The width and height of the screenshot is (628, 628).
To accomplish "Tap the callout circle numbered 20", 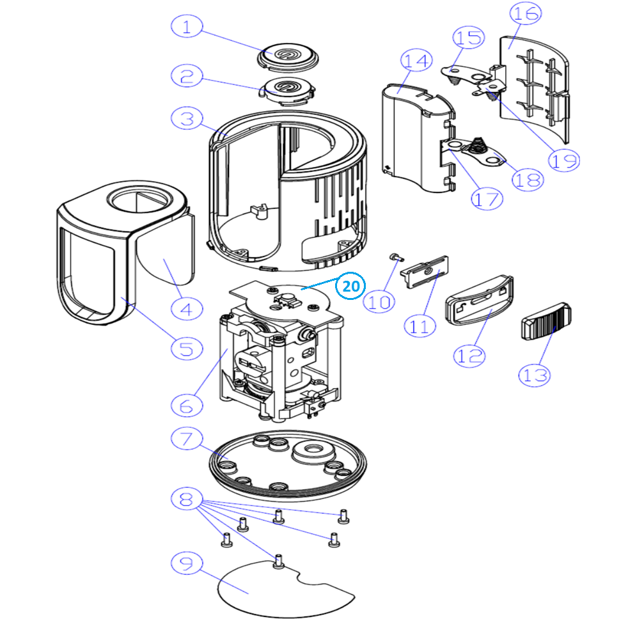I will point(350,287).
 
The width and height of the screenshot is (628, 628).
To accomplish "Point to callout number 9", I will point(187,563).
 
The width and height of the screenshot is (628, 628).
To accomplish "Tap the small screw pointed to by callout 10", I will point(395,257).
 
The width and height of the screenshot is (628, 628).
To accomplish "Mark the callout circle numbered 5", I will point(187,349).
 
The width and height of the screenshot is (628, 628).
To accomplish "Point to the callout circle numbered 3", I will point(187,118).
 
